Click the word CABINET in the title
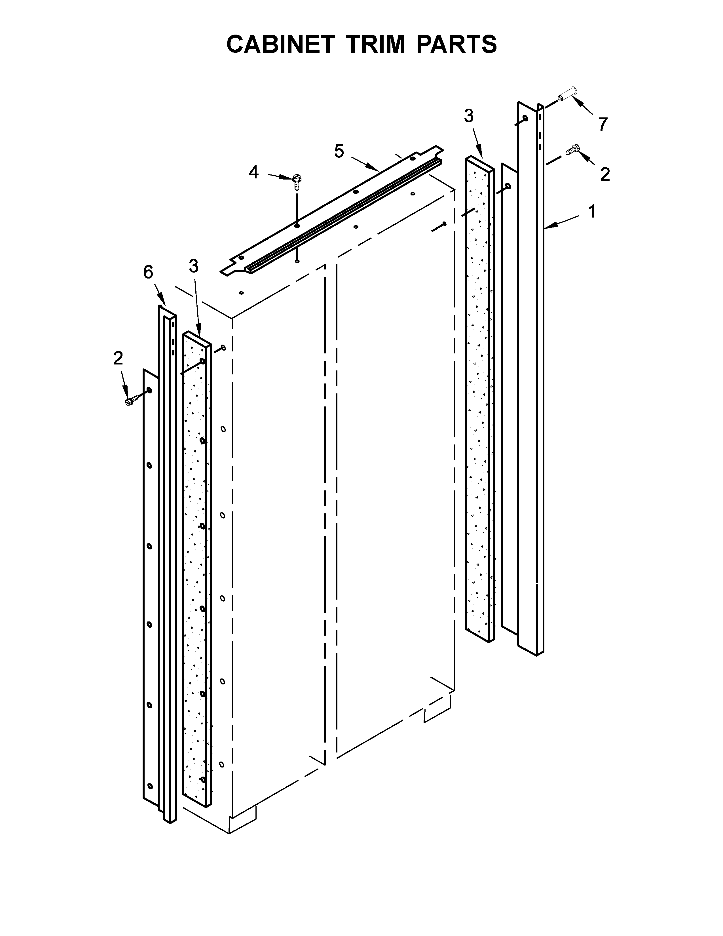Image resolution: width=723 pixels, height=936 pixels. click(280, 44)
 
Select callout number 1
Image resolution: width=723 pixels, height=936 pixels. click(592, 211)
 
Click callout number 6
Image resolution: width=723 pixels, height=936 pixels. click(148, 272)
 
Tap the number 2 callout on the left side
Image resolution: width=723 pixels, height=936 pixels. click(118, 358)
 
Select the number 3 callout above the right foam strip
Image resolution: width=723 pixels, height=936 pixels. click(469, 116)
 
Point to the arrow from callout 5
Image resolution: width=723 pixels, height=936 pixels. click(365, 165)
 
